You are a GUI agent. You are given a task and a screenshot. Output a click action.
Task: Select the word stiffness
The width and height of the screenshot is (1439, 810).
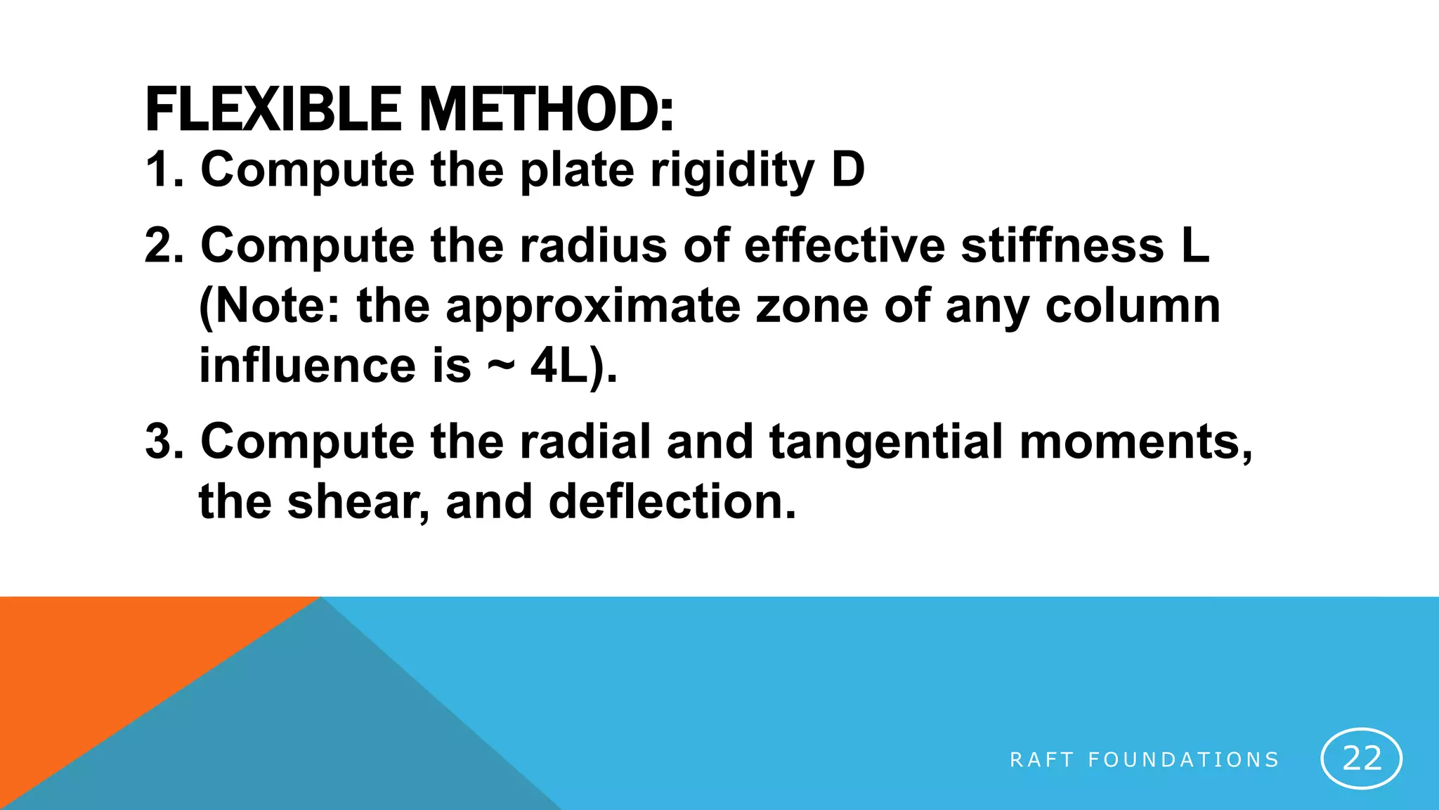(1062, 245)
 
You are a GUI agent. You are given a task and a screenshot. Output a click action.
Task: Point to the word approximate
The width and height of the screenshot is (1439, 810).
(593, 307)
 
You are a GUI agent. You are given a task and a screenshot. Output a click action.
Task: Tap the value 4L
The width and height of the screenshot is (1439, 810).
(559, 366)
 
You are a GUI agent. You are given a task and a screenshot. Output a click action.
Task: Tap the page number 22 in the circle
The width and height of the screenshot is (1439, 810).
(1362, 759)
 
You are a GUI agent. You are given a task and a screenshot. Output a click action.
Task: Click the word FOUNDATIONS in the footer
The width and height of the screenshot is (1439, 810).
(1183, 760)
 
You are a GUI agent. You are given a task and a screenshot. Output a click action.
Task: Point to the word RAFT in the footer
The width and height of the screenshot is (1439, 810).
(1041, 760)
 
